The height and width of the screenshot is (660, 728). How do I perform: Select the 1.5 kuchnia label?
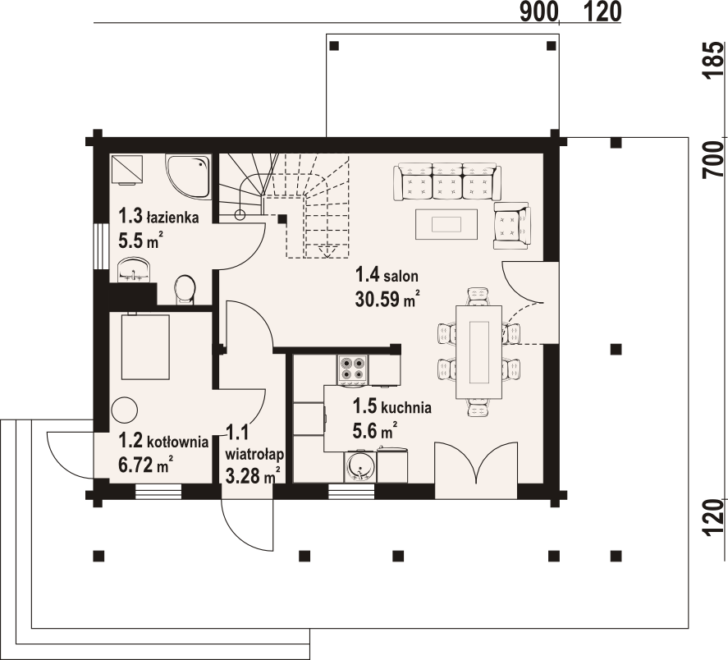point(392,406)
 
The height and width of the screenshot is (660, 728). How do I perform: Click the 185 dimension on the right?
point(714,61)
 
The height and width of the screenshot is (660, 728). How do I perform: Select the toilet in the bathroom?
point(185,288)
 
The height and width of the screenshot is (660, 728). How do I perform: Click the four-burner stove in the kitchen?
point(354,368)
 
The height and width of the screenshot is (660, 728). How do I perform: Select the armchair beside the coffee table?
point(511,227)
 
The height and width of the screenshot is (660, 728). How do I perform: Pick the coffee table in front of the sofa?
point(446,223)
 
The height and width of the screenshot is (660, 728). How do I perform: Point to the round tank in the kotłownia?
point(125,409)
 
